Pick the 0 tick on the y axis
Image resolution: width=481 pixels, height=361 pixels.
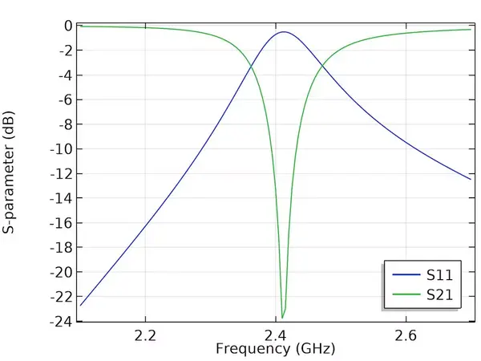(68, 26)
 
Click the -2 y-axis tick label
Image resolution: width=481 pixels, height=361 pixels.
(66, 51)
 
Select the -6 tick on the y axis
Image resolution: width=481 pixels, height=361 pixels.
(66, 100)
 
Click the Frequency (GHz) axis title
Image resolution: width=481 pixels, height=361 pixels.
(275, 349)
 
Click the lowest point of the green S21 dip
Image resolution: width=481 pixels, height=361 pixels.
(282, 318)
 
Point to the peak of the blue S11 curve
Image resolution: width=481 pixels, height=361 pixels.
(284, 32)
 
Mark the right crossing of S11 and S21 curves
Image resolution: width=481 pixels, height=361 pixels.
(322, 65)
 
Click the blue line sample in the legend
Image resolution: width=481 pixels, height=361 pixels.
(406, 274)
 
